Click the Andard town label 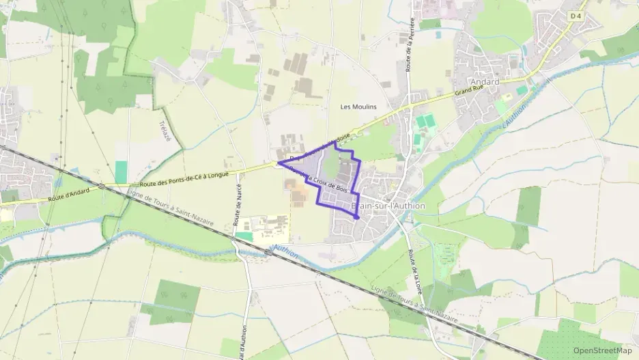485,82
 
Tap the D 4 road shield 558,16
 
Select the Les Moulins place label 358,107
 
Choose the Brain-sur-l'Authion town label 388,206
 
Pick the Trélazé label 164,132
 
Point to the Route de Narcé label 238,208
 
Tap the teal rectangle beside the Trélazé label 122,171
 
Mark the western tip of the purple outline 279,163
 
